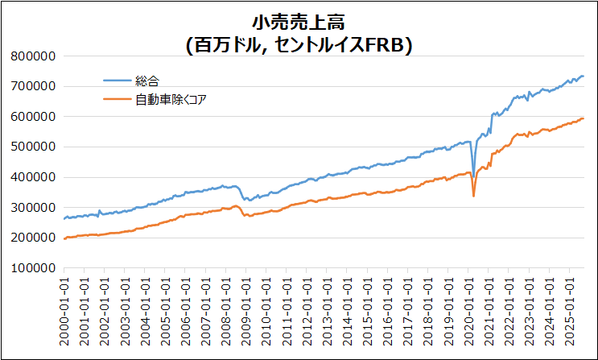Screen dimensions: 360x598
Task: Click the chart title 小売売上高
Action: point(299,22)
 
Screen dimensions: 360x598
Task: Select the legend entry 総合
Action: point(147,80)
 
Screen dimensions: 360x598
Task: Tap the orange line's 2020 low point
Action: point(473,196)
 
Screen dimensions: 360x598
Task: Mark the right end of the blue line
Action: point(584,77)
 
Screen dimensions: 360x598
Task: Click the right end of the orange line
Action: point(584,118)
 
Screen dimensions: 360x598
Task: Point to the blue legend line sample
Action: point(118,80)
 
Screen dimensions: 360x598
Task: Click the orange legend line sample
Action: point(118,99)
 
